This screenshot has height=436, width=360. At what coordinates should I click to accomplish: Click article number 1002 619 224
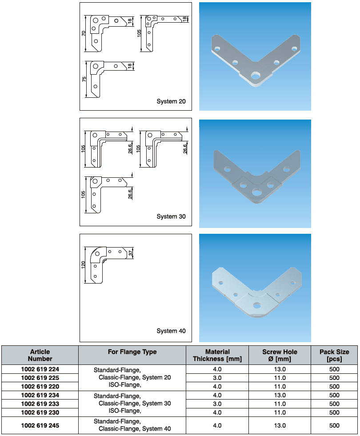pos(40,369)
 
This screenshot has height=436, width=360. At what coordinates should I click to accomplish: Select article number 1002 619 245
pos(40,425)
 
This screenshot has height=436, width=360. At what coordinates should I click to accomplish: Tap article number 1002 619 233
pos(40,404)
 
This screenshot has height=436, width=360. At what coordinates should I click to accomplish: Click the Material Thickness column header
pos(217,355)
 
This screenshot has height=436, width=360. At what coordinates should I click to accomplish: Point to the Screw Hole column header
pos(280,355)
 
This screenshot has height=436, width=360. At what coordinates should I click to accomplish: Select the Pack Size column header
pos(334,355)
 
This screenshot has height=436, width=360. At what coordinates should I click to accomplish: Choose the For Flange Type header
pos(132,352)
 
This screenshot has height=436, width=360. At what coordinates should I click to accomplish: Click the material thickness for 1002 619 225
pos(217,378)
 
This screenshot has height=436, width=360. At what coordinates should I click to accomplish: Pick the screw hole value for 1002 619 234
pos(280,395)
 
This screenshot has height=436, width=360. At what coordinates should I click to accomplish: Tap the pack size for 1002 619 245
pos(334,425)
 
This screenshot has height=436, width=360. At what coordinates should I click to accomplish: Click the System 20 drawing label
pos(171,101)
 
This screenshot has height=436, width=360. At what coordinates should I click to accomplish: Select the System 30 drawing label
pos(171,217)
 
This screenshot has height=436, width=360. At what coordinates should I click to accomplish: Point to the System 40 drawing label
pos(171,331)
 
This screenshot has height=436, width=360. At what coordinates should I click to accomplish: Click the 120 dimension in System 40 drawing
pos(83,266)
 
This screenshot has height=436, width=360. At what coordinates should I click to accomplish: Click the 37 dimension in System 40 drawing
pos(131,253)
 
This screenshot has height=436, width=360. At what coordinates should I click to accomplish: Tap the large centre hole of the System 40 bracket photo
pos(256,305)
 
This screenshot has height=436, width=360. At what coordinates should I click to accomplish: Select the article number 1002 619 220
pos(40,386)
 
